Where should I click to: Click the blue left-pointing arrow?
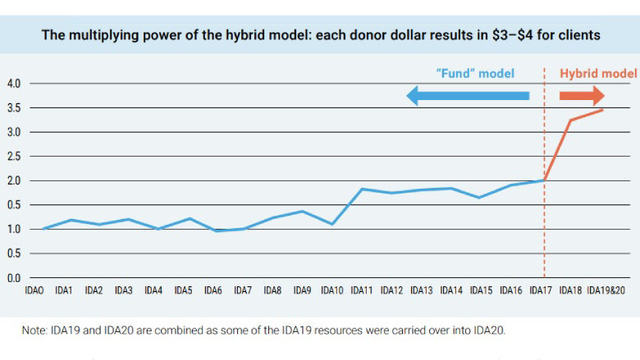point(468,96)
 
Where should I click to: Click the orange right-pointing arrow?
point(582,96)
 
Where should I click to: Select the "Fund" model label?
point(474,73)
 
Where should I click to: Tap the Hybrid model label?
point(598,73)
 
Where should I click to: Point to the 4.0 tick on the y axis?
point(14,84)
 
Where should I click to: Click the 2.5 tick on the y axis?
point(14,157)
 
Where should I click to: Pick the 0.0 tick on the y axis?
point(14,278)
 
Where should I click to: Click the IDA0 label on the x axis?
point(34,291)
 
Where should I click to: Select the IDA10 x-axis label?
point(332,291)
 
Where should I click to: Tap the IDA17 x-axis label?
point(540,291)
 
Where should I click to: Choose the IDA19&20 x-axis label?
point(607,291)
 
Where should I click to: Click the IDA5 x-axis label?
point(183,291)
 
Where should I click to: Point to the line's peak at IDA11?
point(362,189)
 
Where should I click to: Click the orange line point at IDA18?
point(570,121)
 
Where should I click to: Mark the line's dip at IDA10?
point(332,224)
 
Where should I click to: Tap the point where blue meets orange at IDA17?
point(544,180)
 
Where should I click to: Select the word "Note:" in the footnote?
point(36,330)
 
